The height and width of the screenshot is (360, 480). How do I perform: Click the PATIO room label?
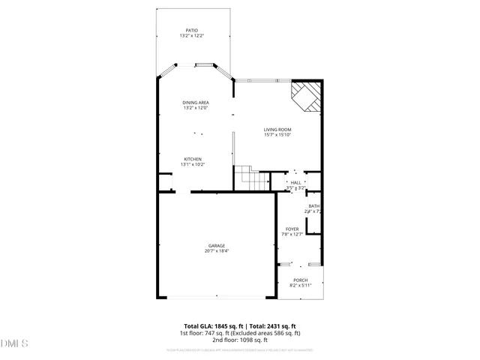[192, 31]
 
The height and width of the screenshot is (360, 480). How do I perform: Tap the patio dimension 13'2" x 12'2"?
[192, 36]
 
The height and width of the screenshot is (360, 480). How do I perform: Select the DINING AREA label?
[196, 103]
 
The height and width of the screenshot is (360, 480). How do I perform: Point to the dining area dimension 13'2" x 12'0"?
[196, 108]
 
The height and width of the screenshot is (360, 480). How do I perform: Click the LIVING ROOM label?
[277, 130]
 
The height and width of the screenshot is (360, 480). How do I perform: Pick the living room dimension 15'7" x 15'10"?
[277, 135]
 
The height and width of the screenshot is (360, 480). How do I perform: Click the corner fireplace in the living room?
[306, 97]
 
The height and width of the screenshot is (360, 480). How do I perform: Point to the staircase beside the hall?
[253, 179]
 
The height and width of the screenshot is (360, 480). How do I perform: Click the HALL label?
[295, 182]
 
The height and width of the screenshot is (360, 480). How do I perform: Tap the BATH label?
[313, 206]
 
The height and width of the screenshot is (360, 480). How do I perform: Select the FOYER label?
[292, 229]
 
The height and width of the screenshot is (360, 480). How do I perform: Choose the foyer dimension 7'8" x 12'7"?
[292, 234]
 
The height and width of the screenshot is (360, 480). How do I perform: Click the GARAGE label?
[217, 246]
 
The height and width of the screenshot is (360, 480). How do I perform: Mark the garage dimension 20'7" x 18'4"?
[217, 251]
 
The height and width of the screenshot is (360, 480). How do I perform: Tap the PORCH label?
[300, 280]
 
